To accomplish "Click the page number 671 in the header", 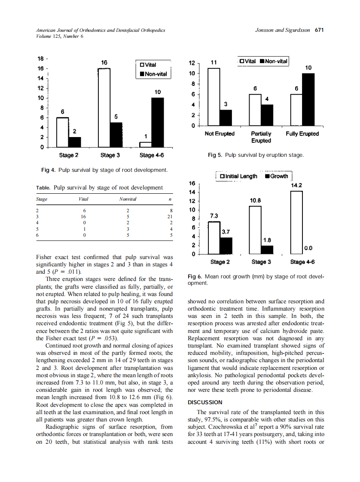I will click(x=319, y=31).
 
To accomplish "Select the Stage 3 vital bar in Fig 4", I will click(x=104, y=107).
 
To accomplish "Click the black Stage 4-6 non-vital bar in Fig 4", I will click(x=158, y=122).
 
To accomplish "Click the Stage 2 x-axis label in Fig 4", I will click(x=68, y=155).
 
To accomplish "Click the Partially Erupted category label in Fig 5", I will click(x=261, y=137).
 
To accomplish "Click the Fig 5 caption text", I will click(x=256, y=155).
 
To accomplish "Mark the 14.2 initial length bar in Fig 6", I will click(x=296, y=223).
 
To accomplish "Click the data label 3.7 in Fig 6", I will click(x=226, y=232).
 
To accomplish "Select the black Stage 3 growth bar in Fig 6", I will click(x=267, y=250).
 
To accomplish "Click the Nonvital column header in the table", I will click(x=128, y=199).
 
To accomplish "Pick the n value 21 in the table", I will click(x=170, y=217).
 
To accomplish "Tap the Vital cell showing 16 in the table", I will click(x=84, y=217).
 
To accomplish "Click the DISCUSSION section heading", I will click(x=205, y=403).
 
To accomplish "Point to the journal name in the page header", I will click(x=101, y=31).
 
